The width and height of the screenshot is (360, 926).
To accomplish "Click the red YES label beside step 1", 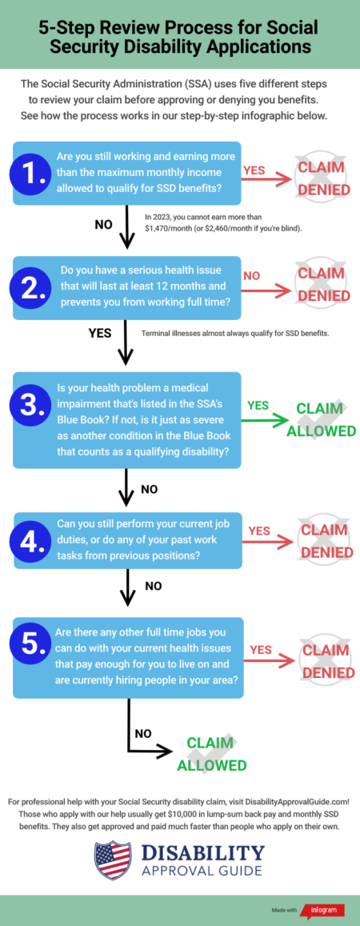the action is pos(254,170).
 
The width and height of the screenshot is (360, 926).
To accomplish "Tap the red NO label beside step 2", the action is pos(252,276).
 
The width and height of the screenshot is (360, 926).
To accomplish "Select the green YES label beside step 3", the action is pos(258,406).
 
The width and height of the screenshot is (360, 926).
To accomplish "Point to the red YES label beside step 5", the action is pos(260,650).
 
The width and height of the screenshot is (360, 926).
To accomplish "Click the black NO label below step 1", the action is pos(103,224).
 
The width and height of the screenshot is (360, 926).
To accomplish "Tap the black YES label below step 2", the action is pos(100,334).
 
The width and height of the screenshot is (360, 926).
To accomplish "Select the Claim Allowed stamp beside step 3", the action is pos(322,419).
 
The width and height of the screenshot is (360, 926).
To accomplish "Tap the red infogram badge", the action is pos(323,910).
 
